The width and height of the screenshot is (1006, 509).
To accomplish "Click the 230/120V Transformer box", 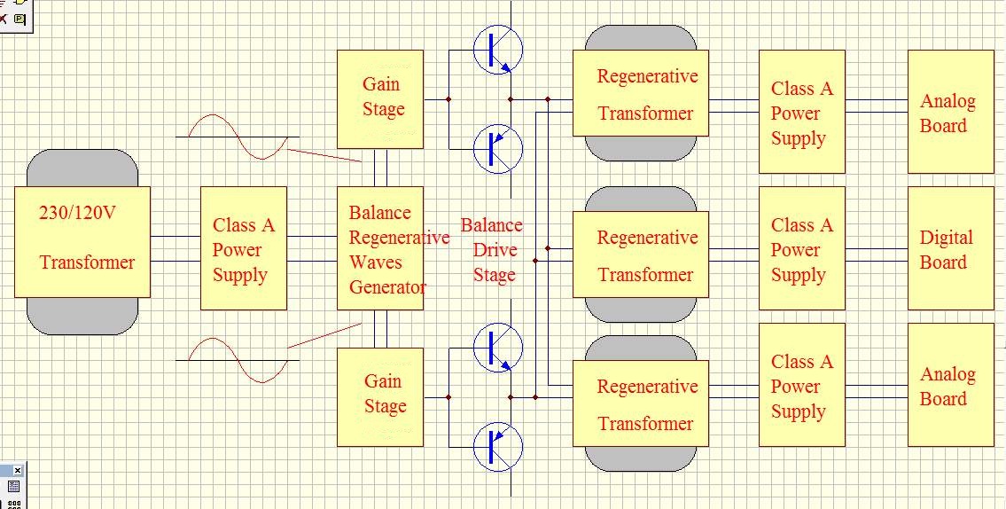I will tap(82, 241).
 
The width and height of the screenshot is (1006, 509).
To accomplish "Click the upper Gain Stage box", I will tap(380, 98).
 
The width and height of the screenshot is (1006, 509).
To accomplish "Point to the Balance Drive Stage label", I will tap(492, 250).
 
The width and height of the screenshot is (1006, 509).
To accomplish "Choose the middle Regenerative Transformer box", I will tap(641, 254).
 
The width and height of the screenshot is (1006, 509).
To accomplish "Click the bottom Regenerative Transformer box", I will tap(641, 403).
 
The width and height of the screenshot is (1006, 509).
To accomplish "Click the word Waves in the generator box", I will tap(376, 262).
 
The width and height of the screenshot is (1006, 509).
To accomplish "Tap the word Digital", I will tap(947, 238).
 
